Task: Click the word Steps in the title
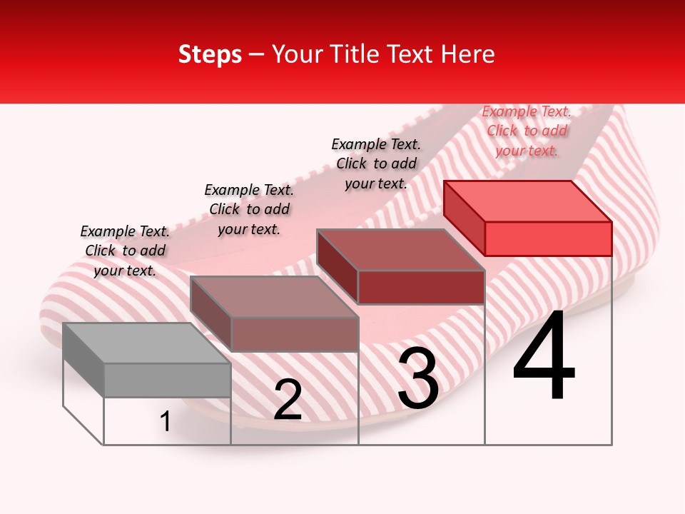210,54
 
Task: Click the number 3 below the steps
418,379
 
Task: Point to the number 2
288,400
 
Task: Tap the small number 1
166,421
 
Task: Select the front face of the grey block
167,380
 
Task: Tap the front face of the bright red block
548,238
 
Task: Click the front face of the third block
421,288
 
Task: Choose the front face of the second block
294,334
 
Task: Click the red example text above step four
527,131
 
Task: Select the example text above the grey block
125,251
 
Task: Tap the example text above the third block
376,163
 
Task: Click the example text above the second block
249,209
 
